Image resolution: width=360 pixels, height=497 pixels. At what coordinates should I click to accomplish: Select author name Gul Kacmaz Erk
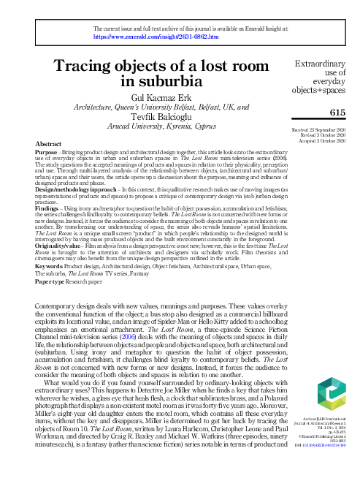tap(150, 97)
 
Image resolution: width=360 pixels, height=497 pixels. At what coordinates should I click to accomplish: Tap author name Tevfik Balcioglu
tap(151, 116)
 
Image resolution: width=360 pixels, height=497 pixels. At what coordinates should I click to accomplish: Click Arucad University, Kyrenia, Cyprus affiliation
tap(151, 126)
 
